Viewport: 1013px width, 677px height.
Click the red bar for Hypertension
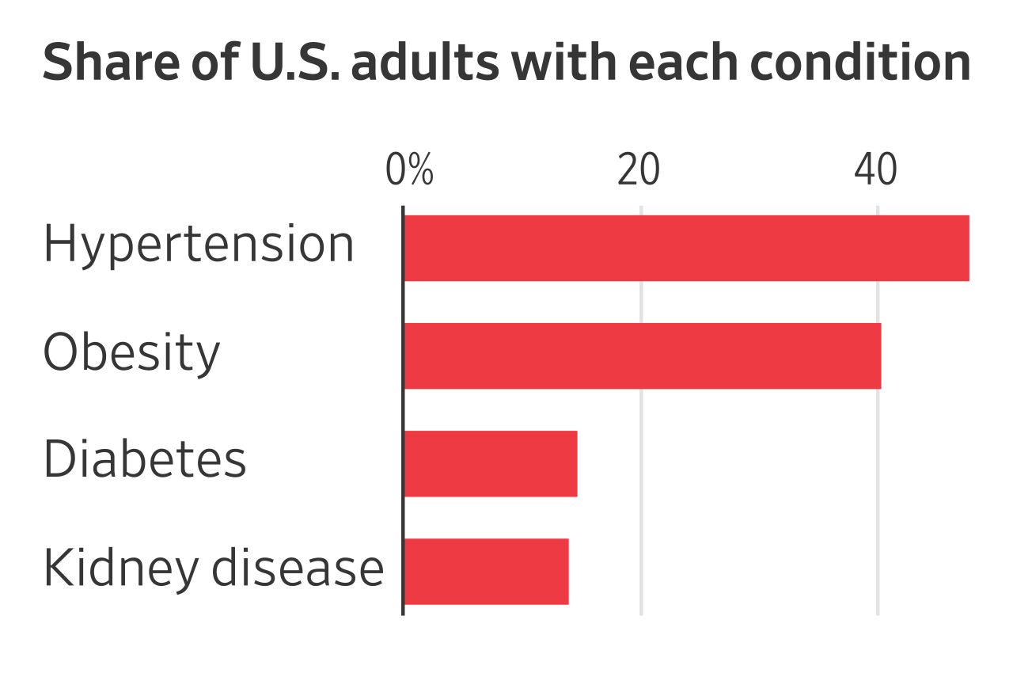[x=686, y=248]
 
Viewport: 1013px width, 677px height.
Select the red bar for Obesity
[x=642, y=356]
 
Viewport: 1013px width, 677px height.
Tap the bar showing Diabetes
[x=491, y=463]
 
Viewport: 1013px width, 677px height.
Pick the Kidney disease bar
[x=486, y=571]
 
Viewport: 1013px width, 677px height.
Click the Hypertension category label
[x=199, y=245]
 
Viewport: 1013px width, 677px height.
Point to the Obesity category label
[x=131, y=352]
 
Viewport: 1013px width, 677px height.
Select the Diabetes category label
[x=145, y=459]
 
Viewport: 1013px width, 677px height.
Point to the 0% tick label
[x=409, y=170]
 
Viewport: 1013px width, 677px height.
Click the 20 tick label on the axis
[x=639, y=170]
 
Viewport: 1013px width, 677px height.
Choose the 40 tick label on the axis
[x=876, y=170]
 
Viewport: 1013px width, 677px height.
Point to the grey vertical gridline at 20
[x=641, y=409]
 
